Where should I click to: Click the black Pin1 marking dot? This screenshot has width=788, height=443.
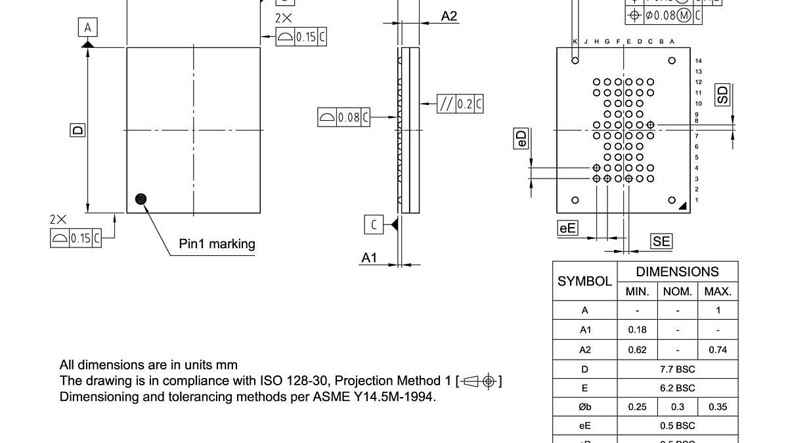click(x=141, y=200)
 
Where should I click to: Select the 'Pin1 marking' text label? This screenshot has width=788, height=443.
click(x=217, y=244)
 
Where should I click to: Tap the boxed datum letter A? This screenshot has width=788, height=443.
click(x=88, y=28)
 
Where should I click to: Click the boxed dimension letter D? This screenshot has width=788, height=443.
click(x=77, y=130)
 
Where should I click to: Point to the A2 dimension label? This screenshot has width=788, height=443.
click(x=449, y=16)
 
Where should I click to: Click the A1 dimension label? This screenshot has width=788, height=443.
click(x=370, y=258)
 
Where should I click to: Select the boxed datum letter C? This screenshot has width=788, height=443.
click(x=374, y=225)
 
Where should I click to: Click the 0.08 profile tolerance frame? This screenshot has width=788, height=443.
click(x=343, y=117)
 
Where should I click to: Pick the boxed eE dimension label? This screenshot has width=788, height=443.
click(x=567, y=228)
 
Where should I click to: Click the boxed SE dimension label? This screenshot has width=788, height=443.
click(x=661, y=242)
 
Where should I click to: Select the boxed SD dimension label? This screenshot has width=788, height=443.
click(x=722, y=95)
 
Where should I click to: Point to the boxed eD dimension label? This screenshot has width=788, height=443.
click(x=521, y=138)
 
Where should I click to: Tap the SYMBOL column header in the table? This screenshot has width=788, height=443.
click(x=585, y=281)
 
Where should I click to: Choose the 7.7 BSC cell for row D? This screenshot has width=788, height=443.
click(x=677, y=369)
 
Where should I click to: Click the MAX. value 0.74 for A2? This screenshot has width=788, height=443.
click(x=718, y=350)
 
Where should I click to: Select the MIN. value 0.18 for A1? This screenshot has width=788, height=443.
click(x=637, y=330)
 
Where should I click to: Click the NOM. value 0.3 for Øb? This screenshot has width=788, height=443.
click(x=677, y=407)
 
